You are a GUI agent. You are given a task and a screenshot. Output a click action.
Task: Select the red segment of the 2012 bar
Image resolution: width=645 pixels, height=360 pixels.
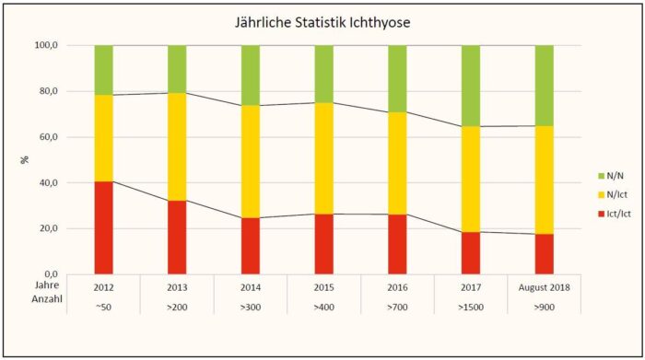[x=103, y=227]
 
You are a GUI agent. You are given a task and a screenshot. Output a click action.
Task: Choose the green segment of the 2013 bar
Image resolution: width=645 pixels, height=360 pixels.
[x=177, y=68]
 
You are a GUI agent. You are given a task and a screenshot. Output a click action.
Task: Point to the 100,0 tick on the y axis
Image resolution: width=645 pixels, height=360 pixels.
[x=46, y=45]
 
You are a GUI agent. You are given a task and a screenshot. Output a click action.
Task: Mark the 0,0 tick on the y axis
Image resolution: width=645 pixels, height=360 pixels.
[x=51, y=273]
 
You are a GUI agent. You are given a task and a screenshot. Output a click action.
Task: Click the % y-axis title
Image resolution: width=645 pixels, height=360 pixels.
[x=25, y=159]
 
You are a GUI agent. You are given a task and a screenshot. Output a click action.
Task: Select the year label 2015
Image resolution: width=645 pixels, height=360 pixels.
[x=323, y=286]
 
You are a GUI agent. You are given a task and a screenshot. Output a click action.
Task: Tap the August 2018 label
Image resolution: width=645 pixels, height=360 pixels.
[x=544, y=286]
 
